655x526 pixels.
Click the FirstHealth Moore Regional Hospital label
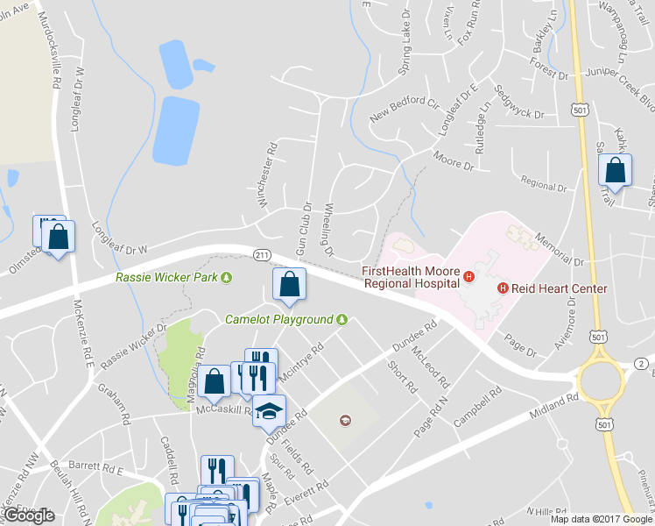(x=411, y=277)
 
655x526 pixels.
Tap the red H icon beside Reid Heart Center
(x=503, y=288)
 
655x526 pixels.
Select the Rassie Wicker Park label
(x=166, y=278)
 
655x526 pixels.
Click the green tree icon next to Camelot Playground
(x=342, y=320)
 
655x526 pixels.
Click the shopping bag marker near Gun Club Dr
(x=289, y=284)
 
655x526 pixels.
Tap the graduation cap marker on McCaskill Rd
(x=269, y=409)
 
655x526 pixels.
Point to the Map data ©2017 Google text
(x=602, y=519)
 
